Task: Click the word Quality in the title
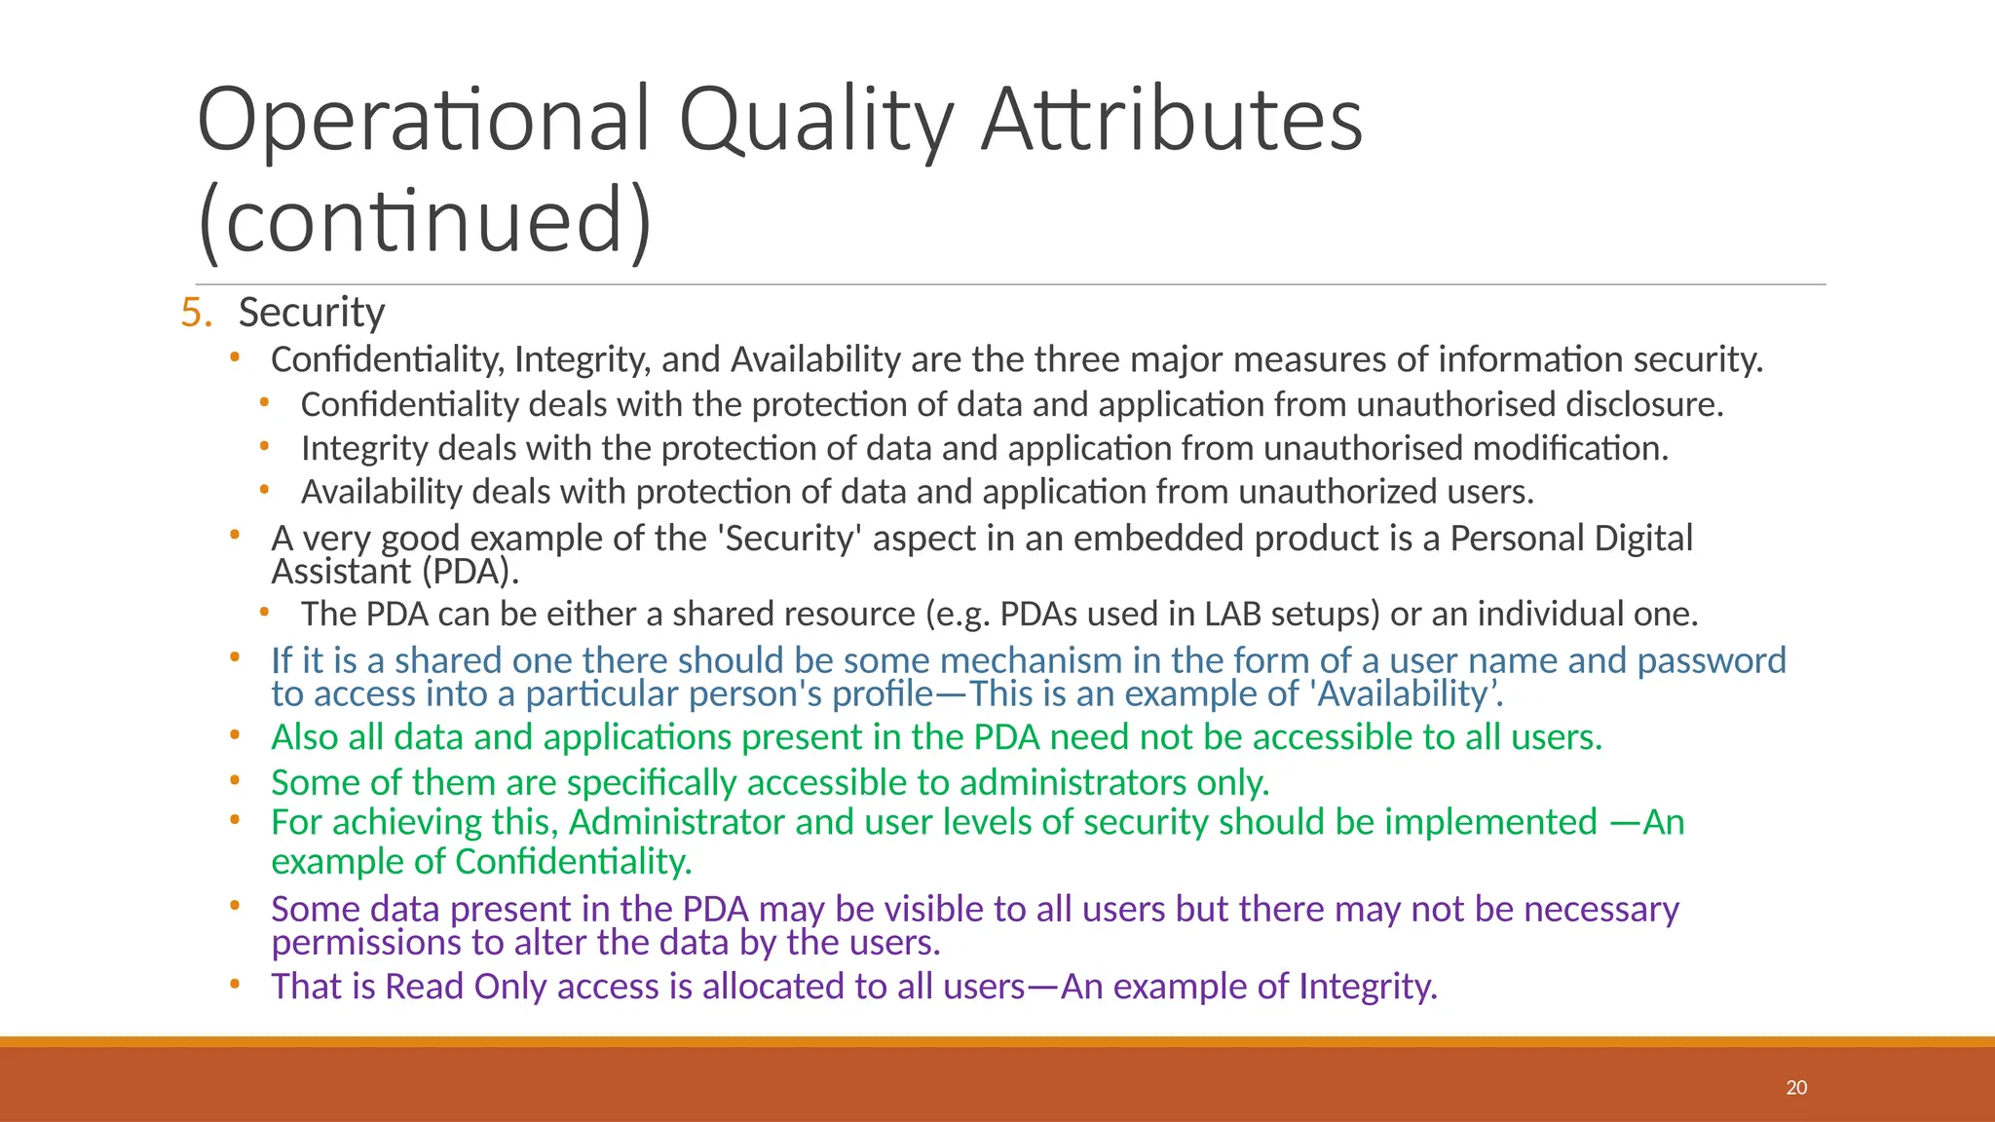(816, 121)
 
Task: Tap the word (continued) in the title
(425, 220)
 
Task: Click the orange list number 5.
(195, 313)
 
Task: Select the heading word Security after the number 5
(312, 313)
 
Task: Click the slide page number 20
(1796, 1088)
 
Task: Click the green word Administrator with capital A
(676, 823)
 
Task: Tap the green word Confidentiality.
(573, 862)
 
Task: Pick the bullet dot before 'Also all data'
(235, 736)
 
